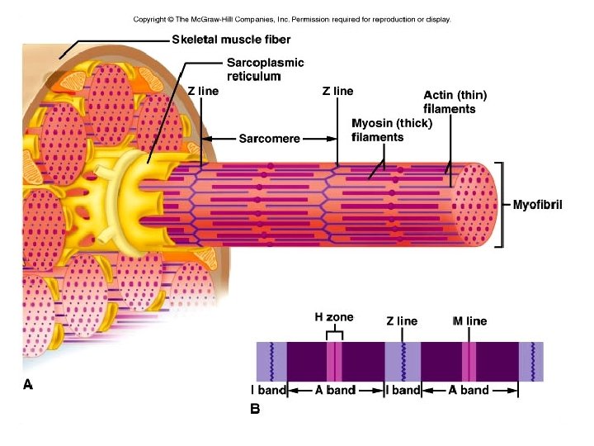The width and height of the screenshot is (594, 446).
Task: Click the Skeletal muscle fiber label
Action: [x=231, y=40]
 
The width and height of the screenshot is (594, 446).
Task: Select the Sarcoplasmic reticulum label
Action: [x=265, y=69]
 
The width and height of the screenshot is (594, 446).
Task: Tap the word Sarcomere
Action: [x=269, y=138]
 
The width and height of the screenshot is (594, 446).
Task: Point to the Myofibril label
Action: [x=537, y=205]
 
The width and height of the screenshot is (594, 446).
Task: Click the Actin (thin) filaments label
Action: [x=449, y=102]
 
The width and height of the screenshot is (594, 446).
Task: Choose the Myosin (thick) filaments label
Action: [x=390, y=130]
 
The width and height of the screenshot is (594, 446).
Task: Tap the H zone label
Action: [x=334, y=317]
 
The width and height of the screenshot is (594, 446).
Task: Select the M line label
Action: [x=469, y=320]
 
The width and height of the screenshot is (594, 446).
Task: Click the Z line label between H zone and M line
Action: [x=402, y=320]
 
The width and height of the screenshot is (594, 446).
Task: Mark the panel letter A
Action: [x=28, y=384]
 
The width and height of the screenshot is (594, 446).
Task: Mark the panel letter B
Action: [x=255, y=407]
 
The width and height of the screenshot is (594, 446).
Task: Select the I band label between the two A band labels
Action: [x=403, y=390]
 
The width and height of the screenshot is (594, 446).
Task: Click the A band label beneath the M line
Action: [x=469, y=390]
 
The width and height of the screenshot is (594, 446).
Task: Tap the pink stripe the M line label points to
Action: [x=469, y=362]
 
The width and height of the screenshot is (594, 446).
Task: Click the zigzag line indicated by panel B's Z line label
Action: [x=403, y=362]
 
